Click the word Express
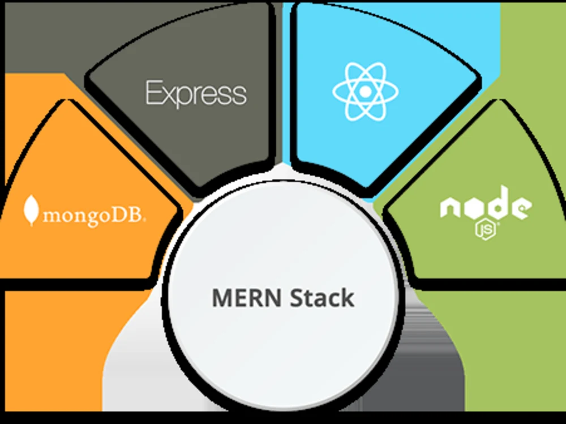coord(196,93)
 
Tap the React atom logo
coord(365,91)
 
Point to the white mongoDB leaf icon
coord(31,210)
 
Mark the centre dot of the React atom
coord(365,91)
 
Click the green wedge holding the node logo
coord(481,255)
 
